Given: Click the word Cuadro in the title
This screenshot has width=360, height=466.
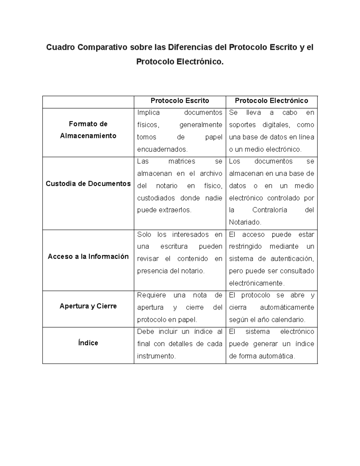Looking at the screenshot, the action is pos(60,47).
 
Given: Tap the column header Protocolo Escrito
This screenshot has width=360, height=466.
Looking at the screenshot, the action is pos(180,101).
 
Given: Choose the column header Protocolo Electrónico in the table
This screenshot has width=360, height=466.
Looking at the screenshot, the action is pos(271,101).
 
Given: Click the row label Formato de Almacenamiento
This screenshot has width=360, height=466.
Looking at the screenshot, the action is pos(88,130).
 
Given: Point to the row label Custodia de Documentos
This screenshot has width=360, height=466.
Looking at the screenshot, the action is pos(88,184).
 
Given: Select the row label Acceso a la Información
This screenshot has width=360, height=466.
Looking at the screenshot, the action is pos(88,257).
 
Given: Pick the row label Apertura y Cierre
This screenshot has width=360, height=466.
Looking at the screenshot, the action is pos(88,306).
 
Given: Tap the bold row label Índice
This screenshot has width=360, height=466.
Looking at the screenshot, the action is pos(88,343).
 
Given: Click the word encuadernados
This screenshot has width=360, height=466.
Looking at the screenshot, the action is pos(162,149).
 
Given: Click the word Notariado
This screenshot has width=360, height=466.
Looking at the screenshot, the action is pos(245,222).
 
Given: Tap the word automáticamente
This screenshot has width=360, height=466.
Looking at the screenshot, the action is pos(287,308).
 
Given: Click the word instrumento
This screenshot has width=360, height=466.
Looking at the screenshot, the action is pos(156,356).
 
